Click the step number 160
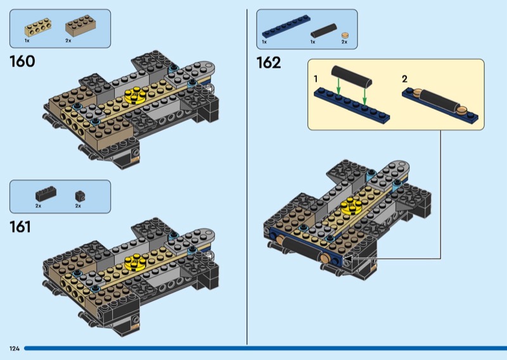22,61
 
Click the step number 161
20,227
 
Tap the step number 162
269,63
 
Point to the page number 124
15,349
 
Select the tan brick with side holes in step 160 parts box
38,27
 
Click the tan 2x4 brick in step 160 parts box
80,25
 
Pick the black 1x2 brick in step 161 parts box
46,194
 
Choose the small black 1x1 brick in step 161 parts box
80,196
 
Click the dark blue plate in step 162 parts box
286,27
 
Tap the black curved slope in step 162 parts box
324,30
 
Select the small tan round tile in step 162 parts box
345,35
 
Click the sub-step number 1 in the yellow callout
316,79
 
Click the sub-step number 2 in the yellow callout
404,79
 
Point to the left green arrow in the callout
338,87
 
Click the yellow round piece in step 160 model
134,96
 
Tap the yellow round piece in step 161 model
134,262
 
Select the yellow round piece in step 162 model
352,205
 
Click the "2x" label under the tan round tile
344,42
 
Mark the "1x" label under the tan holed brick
27,41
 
